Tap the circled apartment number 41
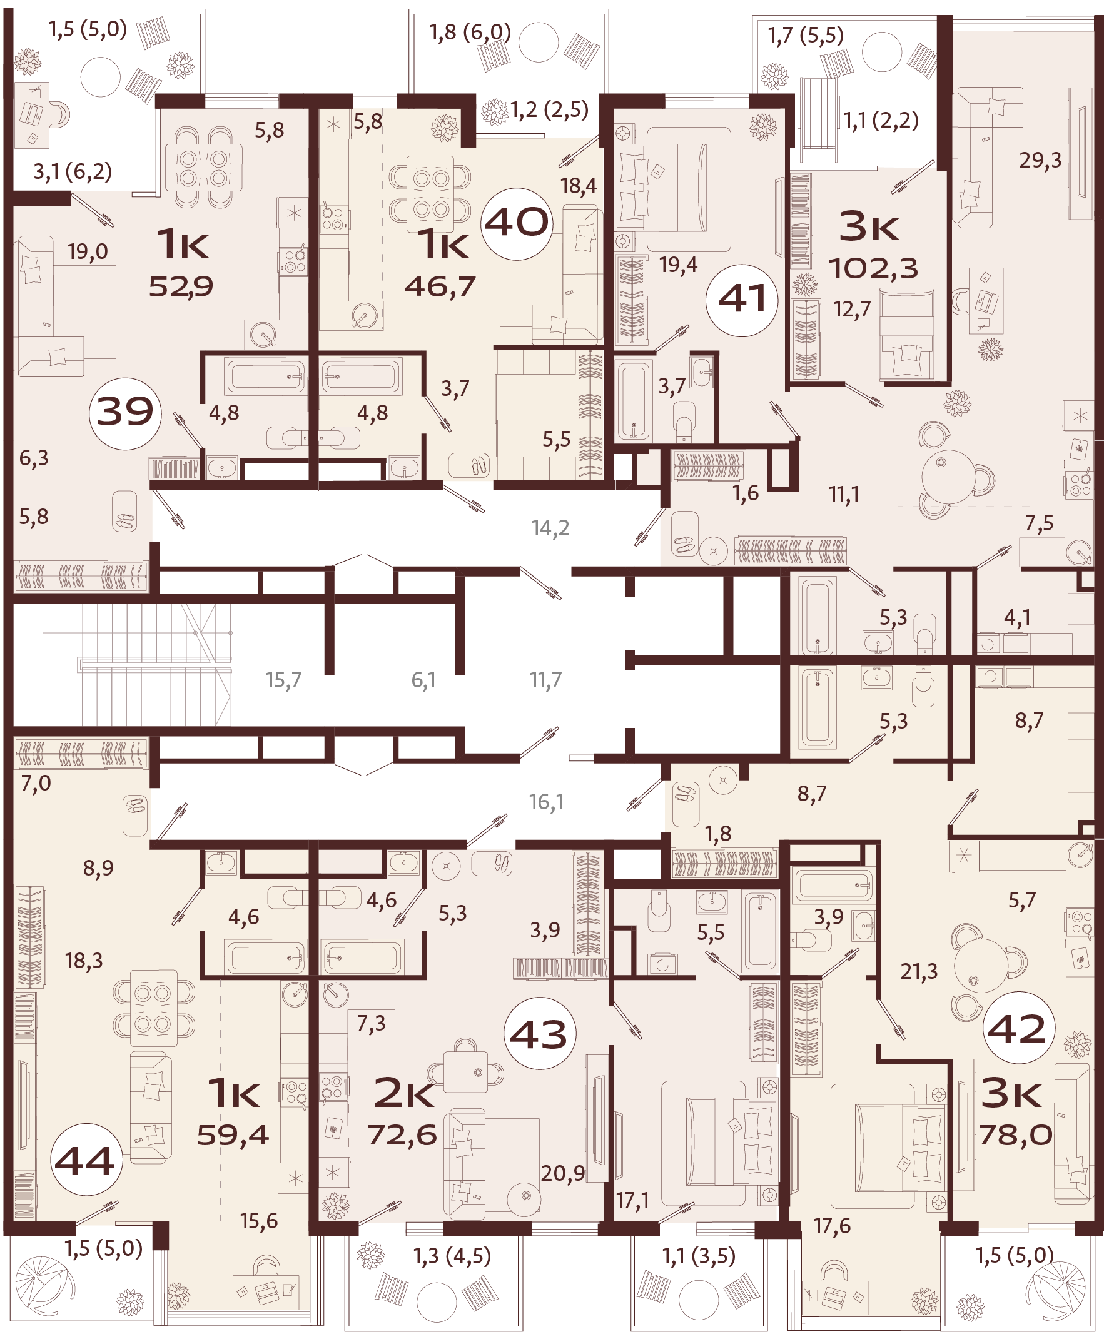point(741,300)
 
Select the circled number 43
point(539,1034)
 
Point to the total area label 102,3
point(873,270)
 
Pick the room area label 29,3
point(1040,160)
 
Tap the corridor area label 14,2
point(550,528)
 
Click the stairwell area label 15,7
point(283,680)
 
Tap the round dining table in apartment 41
point(948,477)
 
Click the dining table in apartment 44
point(153,1008)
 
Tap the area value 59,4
point(233,1135)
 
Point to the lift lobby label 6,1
point(423,680)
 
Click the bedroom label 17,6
point(832,1226)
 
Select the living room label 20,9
point(562,1173)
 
